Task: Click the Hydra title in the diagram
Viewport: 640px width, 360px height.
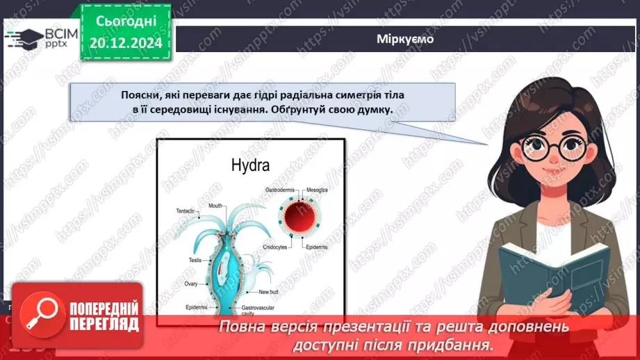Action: pos(250,165)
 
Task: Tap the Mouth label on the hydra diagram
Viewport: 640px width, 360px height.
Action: pos(215,206)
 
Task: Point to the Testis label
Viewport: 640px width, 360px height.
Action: pos(195,260)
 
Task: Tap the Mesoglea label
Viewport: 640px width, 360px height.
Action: pos(316,190)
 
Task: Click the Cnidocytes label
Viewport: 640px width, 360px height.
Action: pos(279,247)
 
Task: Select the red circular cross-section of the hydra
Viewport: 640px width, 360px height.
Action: pos(302,218)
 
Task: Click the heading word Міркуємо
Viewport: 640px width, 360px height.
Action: pos(407,39)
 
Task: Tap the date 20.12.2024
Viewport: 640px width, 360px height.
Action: pos(126,42)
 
